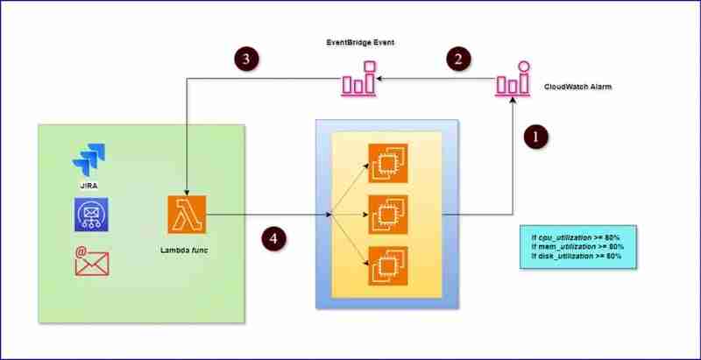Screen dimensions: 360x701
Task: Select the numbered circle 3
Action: click(x=247, y=58)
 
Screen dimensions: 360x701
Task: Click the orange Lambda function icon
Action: click(x=186, y=213)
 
